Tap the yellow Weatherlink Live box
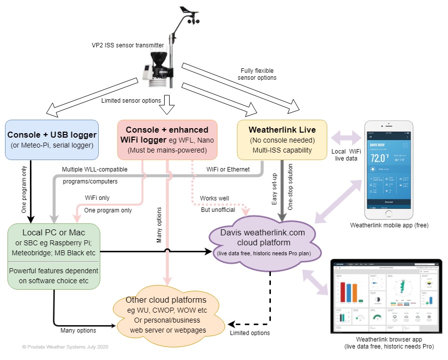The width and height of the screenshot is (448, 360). pos(282,138)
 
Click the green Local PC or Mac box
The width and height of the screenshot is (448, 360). pos(54,256)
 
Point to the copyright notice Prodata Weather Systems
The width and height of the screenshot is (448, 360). pos(65,347)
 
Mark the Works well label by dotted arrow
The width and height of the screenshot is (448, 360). pos(214,198)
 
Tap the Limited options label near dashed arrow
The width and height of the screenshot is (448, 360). pos(249,333)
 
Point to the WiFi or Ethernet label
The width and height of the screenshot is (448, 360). pos(228,170)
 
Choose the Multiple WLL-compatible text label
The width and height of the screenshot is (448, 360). pos(95,170)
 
